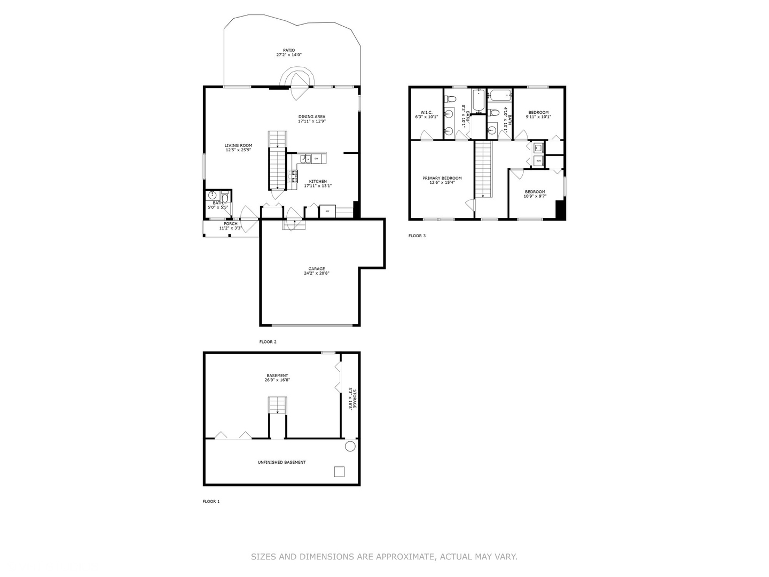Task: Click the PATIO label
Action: tap(289, 50)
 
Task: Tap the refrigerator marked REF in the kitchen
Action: tap(327, 212)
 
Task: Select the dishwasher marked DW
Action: tap(317, 159)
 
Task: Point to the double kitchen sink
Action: tap(305, 159)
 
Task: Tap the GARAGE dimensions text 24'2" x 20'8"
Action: tap(317, 274)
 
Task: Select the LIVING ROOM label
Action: tap(238, 145)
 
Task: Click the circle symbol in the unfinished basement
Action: tap(350, 447)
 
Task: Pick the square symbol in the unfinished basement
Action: tap(339, 472)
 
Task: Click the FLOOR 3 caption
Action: tap(417, 236)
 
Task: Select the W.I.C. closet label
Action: tap(426, 112)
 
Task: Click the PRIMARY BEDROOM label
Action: tap(442, 178)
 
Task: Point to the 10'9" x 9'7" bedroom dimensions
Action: tap(535, 196)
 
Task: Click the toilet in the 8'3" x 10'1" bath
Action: tap(450, 99)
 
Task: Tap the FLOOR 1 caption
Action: tap(211, 502)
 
